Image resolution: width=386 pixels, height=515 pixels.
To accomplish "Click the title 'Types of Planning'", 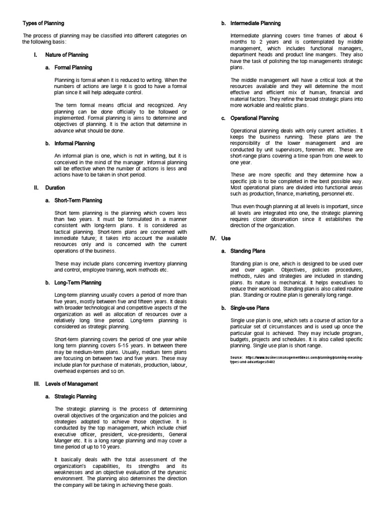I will tap(43, 23).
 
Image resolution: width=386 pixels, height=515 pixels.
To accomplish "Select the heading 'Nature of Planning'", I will tap(66, 55).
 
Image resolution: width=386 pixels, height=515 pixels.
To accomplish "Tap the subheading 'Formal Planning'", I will tap(73, 67).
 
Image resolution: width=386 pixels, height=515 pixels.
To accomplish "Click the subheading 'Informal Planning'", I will tap(75, 143).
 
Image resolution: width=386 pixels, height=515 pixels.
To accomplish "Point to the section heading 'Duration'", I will tap(55, 188).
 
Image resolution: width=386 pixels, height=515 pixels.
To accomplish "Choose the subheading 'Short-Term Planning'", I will tap(78, 200).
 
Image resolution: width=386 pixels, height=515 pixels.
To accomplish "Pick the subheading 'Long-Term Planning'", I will tap(77, 283).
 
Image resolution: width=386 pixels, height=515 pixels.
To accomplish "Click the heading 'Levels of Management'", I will tap(71, 384).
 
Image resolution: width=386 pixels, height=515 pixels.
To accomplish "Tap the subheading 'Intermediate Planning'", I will tap(255, 23).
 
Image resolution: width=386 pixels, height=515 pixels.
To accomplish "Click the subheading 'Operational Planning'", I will tap(254, 118).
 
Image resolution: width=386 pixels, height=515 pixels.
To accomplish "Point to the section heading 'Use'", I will tap(226, 238).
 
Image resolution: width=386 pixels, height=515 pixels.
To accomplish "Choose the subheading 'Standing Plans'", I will tap(248, 251).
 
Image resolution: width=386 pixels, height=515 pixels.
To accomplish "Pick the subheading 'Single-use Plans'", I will tap(250, 308).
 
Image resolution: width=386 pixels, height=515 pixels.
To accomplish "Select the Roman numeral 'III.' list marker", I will tap(36, 384).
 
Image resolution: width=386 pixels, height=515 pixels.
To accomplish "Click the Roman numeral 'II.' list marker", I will tap(36, 188).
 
